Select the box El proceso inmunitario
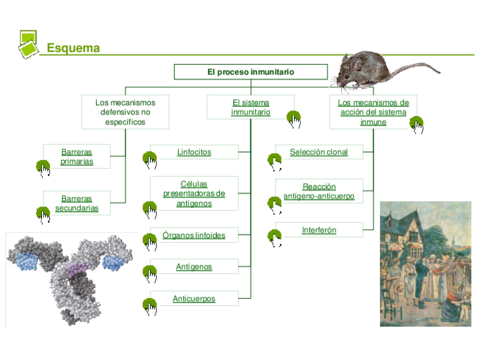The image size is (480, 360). point(250,72)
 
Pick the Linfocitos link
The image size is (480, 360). point(194,152)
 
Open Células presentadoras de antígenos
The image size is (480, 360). point(194,194)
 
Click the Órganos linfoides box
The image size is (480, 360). point(194,236)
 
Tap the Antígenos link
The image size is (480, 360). point(194,267)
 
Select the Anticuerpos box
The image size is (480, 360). point(194,298)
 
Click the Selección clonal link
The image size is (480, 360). point(318,152)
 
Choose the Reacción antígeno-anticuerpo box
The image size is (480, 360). point(318,191)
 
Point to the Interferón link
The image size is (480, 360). point(318,230)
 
